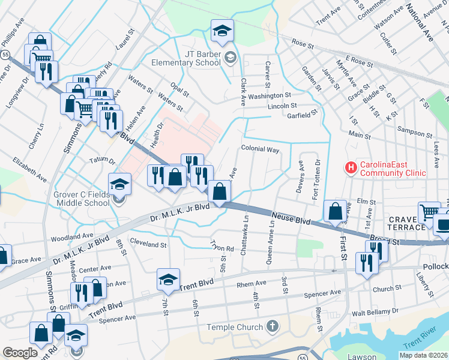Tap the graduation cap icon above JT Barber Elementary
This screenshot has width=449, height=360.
tap(221, 31)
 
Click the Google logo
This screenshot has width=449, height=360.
tap(20, 353)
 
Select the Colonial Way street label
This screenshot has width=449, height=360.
tap(260, 149)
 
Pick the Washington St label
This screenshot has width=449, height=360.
tap(269, 95)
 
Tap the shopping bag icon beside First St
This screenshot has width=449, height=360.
tap(334, 211)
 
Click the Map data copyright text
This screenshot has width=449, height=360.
tap(423, 355)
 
